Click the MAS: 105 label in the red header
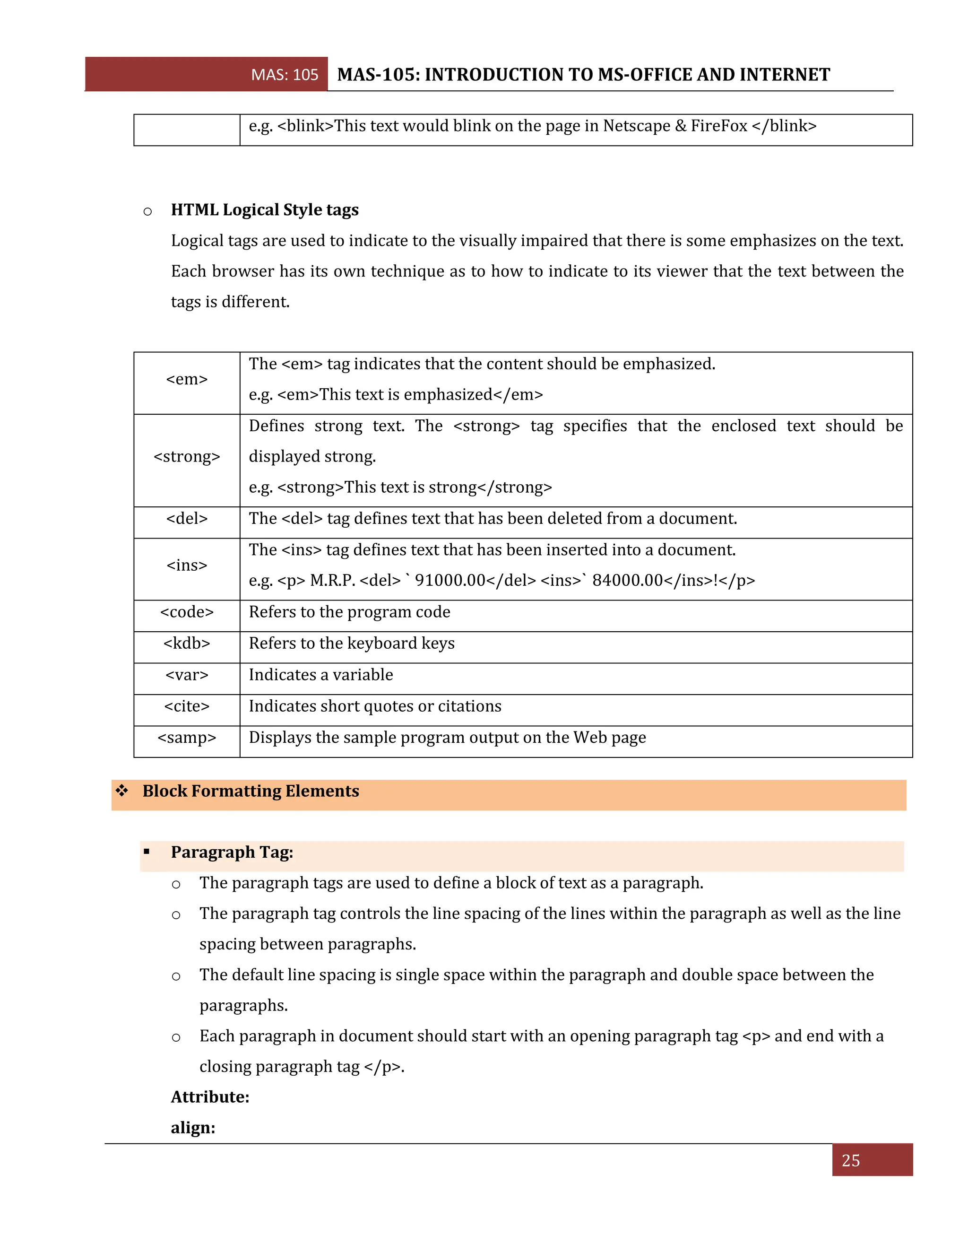285,75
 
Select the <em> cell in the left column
187,379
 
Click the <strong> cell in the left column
187,457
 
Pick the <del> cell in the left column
187,519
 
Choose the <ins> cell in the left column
187,566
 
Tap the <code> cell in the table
187,612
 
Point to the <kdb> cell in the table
187,644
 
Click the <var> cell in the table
187,675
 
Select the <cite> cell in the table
187,706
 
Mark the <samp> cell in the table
187,738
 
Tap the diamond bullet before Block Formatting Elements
121,791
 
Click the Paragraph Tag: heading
232,852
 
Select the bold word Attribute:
210,1097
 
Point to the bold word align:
193,1128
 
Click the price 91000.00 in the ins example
450,581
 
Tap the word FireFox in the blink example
719,126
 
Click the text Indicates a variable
320,675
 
